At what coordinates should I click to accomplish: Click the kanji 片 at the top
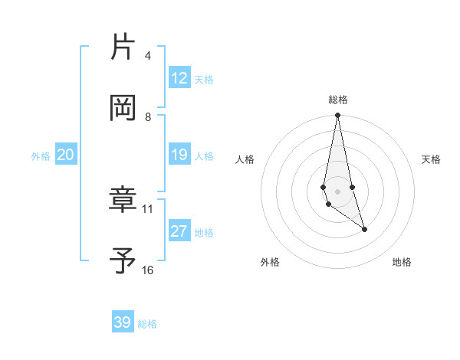coord(123,47)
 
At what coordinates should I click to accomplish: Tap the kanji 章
coord(123,201)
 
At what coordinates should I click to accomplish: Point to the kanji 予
coord(123,261)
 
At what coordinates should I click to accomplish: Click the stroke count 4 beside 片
coord(148,56)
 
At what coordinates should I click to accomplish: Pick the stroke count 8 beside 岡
coord(148,116)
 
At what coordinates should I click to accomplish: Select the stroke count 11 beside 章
coord(148,208)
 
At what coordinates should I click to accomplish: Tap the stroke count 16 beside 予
coord(148,270)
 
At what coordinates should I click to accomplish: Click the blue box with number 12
coord(179,78)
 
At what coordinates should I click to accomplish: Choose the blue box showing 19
coord(179,155)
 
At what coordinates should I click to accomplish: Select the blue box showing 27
coord(179,231)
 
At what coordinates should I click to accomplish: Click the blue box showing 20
coord(66,155)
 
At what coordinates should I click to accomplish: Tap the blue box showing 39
coord(123,322)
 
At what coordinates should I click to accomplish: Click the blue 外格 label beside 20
coord(41,155)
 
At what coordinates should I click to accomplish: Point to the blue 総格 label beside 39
coord(148,324)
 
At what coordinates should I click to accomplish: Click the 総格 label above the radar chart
coord(338,100)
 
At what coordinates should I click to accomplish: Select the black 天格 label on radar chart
coord(432,159)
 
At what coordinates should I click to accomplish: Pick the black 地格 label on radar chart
coord(402,262)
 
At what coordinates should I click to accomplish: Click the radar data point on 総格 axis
coord(337,116)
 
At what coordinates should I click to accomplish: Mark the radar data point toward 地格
coord(364,228)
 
